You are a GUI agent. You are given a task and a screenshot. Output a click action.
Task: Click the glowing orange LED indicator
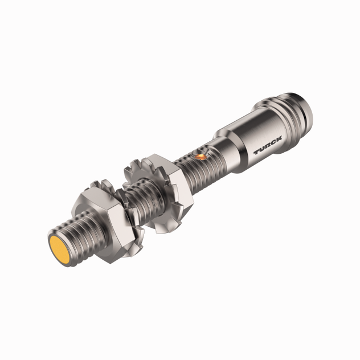coord(200,154)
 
